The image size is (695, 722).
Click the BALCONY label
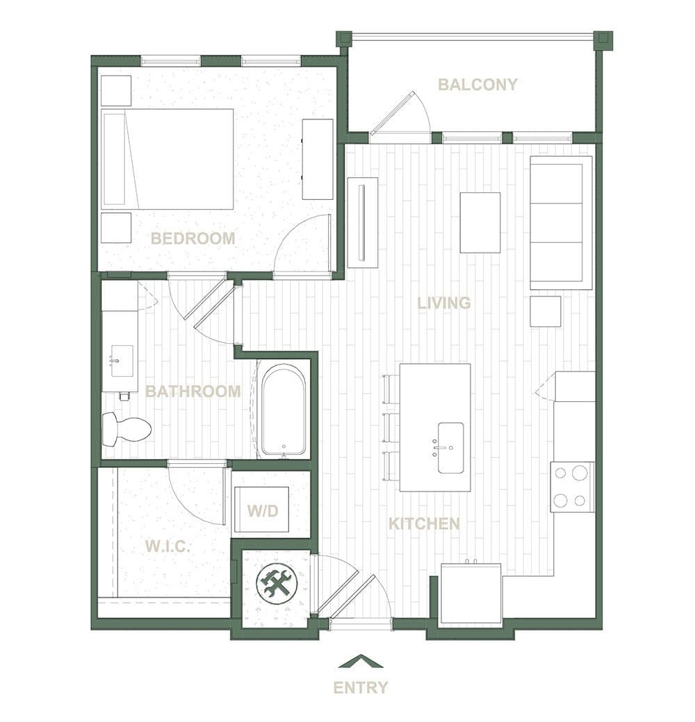coord(477,85)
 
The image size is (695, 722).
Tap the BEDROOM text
coord(193,239)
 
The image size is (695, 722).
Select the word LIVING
coord(444,303)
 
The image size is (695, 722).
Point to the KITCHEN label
coord(424,523)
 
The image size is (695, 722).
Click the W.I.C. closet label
coord(167,546)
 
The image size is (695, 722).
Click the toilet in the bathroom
coord(126,429)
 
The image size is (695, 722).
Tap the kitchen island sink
coord(450,448)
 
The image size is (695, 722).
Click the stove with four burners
coord(573,487)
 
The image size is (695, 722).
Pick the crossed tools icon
coord(277,585)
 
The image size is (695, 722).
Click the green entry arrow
coord(361,661)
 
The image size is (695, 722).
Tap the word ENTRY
coord(361,688)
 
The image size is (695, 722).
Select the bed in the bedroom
coord(167,159)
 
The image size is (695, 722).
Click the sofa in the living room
coord(561,223)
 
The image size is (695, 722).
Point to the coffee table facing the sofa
coord(480,222)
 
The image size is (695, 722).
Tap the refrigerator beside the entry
coord(471,594)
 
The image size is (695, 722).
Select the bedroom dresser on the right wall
coord(318,159)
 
